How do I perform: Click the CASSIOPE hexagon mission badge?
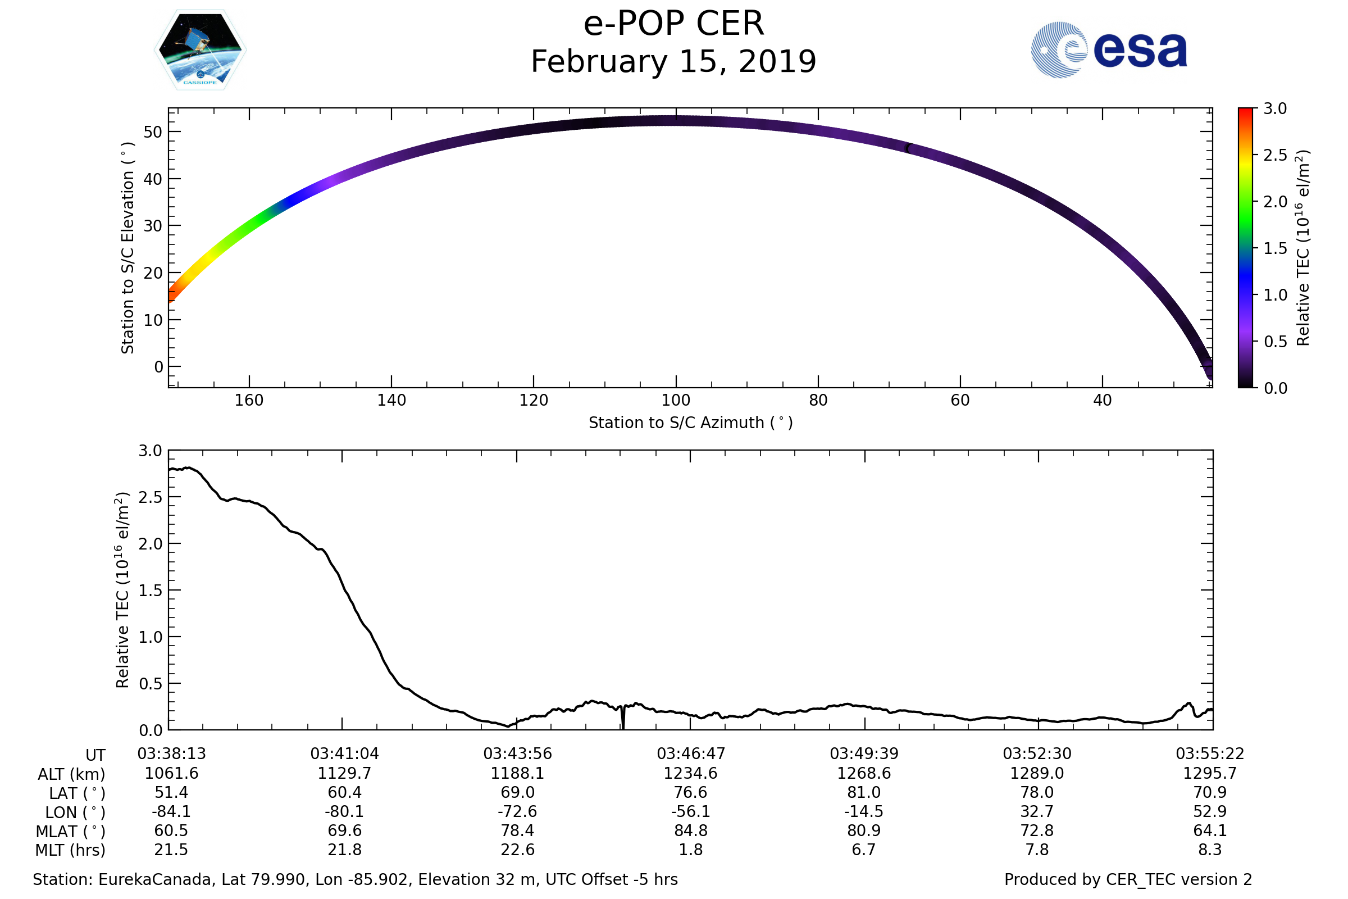200,50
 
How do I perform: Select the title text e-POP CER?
673,24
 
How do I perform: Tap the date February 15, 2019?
673,62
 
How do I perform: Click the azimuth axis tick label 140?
391,400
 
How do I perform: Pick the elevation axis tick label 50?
153,133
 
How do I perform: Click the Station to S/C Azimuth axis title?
691,423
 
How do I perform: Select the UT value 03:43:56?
517,753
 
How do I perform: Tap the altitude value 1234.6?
691,774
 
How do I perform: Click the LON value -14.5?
864,812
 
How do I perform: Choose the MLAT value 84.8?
691,831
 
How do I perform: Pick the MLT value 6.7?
864,850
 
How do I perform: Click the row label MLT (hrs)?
71,850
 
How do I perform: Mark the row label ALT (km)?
72,775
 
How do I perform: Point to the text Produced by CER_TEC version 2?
1128,879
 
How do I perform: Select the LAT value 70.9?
1210,792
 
